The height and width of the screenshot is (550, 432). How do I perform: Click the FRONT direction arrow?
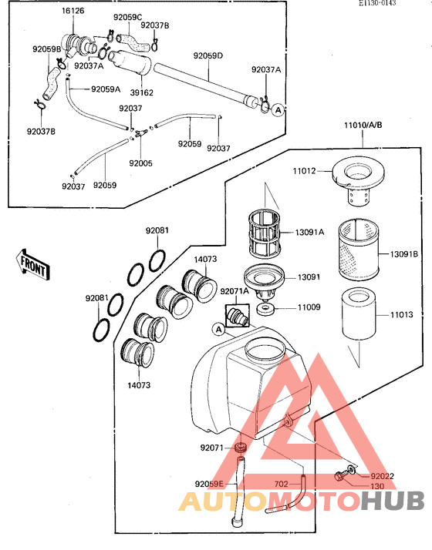(33, 264)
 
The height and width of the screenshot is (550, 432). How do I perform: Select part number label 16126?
(73, 11)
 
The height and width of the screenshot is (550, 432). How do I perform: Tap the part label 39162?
(141, 92)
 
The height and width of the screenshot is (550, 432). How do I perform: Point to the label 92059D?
(208, 55)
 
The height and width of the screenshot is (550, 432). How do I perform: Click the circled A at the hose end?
(278, 110)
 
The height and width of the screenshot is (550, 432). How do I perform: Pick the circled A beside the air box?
(219, 330)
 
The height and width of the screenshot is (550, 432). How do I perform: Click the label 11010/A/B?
(363, 125)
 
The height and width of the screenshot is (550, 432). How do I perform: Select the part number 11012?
(305, 171)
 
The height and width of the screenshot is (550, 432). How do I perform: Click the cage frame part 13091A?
(264, 233)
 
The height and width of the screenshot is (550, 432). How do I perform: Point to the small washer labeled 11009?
(265, 310)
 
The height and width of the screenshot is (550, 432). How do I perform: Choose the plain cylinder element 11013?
(359, 314)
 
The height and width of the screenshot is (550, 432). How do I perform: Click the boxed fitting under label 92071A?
(238, 315)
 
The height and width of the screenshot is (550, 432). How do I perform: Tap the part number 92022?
(382, 476)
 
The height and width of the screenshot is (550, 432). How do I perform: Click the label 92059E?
(209, 484)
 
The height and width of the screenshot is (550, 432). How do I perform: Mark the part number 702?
(282, 484)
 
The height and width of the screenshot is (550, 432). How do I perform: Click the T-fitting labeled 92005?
(140, 132)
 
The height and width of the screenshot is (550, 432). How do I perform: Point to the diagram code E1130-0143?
(377, 3)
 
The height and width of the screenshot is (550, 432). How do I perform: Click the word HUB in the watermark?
(393, 501)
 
